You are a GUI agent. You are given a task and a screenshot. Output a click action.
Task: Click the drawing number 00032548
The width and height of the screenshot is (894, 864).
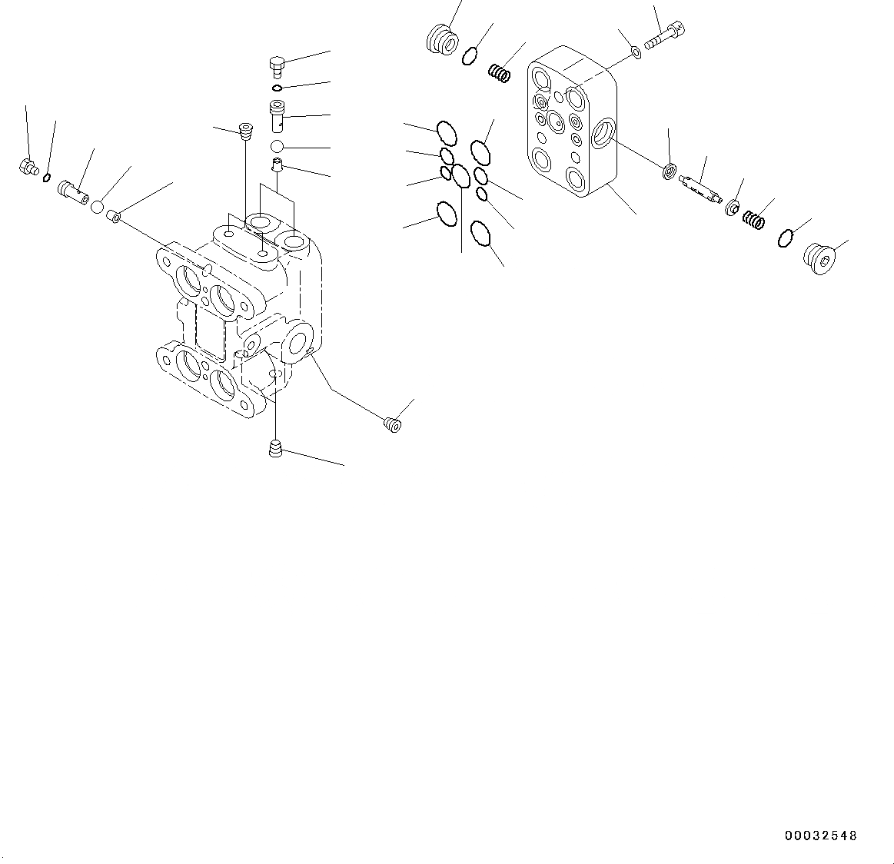coord(820,836)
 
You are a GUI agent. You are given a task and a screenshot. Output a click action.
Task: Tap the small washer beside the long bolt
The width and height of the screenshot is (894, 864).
coord(636,52)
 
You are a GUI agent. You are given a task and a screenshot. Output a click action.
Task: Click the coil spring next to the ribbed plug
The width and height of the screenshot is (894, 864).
coord(500,74)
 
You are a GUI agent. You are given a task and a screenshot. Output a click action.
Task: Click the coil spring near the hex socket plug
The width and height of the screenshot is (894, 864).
coord(753,220)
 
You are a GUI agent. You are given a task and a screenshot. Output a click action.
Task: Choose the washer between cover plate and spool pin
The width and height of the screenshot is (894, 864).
coord(670,171)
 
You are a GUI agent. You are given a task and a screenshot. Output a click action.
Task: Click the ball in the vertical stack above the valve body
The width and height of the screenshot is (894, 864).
coord(278,147)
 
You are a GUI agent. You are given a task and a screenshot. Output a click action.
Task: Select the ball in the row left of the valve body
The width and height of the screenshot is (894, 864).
coord(98,206)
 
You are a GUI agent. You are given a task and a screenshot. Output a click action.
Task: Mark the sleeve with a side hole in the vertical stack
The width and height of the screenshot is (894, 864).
coord(278,115)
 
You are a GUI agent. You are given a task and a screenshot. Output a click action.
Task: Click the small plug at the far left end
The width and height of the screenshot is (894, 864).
coord(28,166)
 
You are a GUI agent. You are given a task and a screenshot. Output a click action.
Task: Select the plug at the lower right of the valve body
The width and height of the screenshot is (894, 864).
coord(393,422)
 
